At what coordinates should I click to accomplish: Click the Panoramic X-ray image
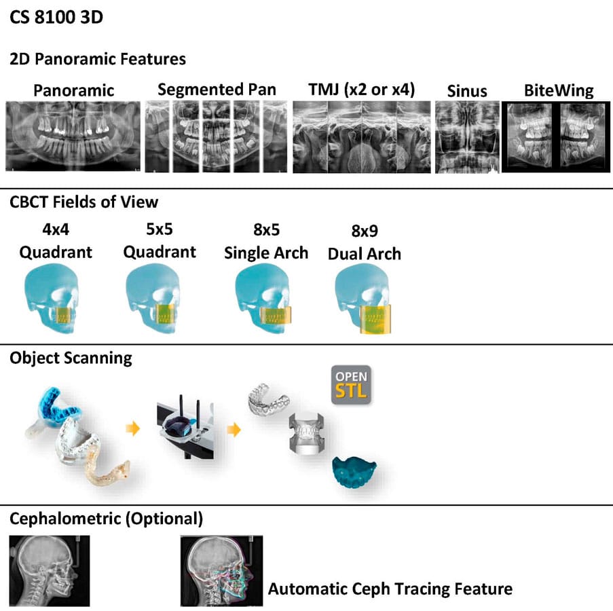tap(73, 136)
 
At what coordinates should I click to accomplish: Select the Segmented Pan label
tap(217, 89)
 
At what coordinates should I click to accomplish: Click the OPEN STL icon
tap(351, 385)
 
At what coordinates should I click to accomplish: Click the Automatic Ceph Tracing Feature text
tap(390, 588)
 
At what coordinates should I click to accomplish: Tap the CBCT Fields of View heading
tap(83, 202)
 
